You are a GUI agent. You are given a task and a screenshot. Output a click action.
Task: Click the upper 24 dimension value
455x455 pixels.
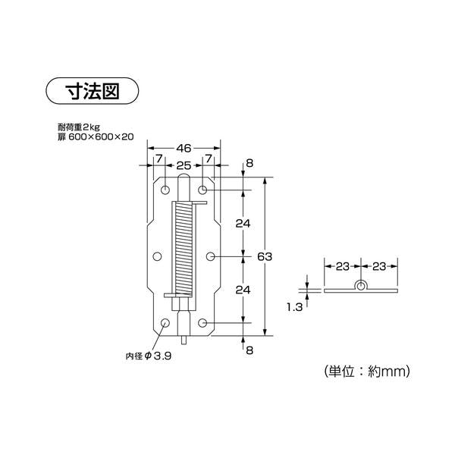(x=242, y=224)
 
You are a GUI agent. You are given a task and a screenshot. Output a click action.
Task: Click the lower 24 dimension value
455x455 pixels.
(x=242, y=289)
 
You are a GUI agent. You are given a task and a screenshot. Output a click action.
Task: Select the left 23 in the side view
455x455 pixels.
(x=342, y=267)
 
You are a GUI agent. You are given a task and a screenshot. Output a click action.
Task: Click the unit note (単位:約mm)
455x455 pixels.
(x=366, y=371)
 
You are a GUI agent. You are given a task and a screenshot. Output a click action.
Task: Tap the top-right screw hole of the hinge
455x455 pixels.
(x=203, y=188)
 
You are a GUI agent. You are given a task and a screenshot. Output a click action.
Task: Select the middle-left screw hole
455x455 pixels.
(x=157, y=256)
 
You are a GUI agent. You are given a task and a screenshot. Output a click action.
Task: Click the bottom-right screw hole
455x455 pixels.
(x=203, y=324)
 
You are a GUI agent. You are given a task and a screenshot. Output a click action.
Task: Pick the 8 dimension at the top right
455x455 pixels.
(x=248, y=164)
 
